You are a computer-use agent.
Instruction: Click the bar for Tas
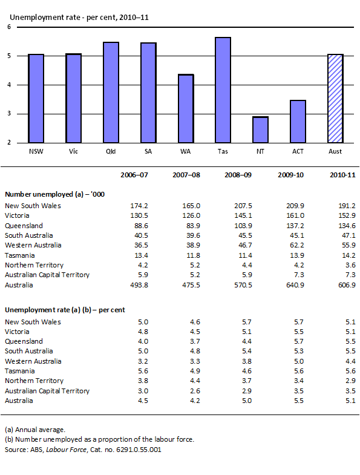[223, 90]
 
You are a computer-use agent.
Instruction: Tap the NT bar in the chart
[260, 129]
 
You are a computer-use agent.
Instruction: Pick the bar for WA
[186, 109]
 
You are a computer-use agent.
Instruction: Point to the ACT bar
[298, 122]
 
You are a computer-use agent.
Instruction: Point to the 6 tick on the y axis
[8, 27]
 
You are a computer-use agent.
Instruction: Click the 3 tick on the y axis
[8, 114]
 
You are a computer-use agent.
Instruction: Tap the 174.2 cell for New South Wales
[139, 206]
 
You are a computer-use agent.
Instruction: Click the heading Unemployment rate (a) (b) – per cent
[65, 309]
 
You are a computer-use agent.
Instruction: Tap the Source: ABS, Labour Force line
[83, 450]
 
